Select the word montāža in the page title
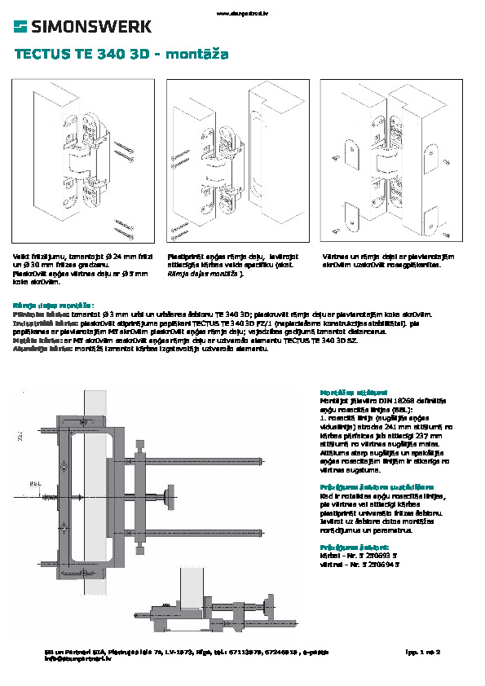[196, 55]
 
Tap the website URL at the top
[242, 12]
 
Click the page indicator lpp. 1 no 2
[422, 653]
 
